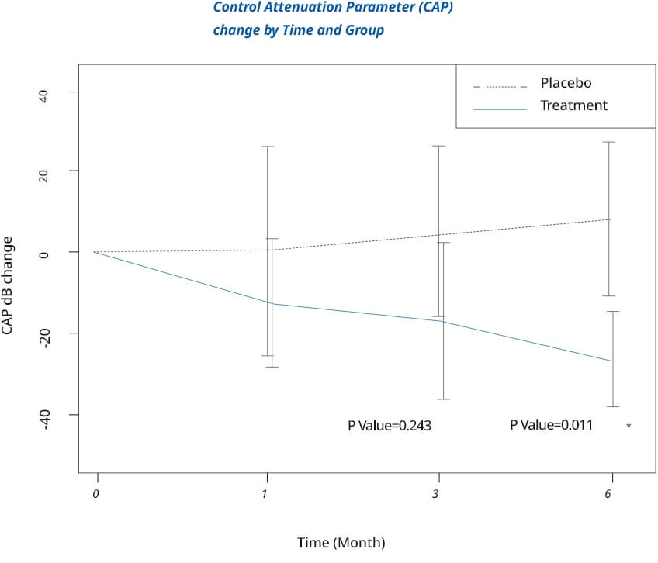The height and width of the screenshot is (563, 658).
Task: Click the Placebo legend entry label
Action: [x=566, y=83]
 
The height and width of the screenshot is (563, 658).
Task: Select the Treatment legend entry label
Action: [x=573, y=105]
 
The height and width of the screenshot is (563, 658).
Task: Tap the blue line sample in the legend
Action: [x=500, y=109]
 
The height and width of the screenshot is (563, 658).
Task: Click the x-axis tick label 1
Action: [x=266, y=494]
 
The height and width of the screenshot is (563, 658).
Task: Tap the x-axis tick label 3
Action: [x=437, y=494]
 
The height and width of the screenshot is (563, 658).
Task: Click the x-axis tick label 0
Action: [x=96, y=494]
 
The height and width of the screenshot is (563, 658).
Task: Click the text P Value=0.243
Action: [x=389, y=426]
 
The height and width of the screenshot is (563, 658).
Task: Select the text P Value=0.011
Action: [x=551, y=425]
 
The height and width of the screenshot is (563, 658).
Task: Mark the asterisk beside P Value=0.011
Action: [x=629, y=427]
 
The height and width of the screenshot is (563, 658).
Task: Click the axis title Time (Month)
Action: [x=341, y=543]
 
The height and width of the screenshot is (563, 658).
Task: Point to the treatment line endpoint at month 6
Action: [x=613, y=361]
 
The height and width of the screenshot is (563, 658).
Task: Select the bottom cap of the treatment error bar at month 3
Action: [x=443, y=399]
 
